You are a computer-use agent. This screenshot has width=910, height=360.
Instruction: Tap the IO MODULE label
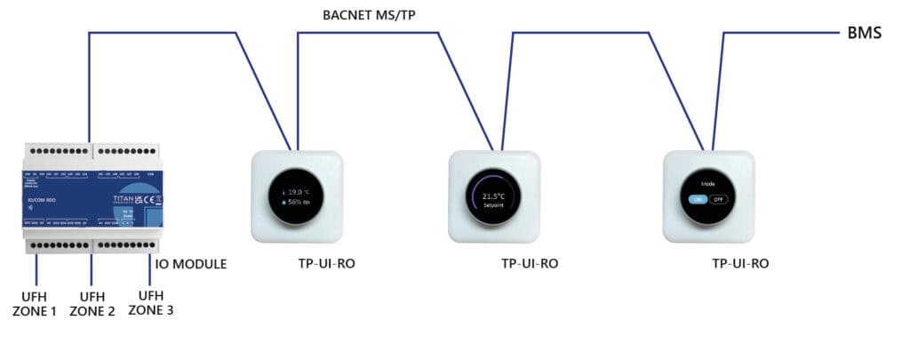pyautogui.click(x=192, y=264)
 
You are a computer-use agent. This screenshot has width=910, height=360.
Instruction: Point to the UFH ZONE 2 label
pyautogui.click(x=92, y=303)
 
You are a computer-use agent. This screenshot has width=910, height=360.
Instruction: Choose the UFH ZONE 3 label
pyautogui.click(x=151, y=303)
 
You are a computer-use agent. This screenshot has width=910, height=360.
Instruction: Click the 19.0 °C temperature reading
pyautogui.click(x=297, y=191)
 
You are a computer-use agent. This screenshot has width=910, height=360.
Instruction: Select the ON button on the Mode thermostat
pyautogui.click(x=697, y=199)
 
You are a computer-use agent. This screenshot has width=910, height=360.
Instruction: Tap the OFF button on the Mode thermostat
pyautogui.click(x=718, y=199)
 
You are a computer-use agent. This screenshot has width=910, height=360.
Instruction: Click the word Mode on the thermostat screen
pyautogui.click(x=707, y=184)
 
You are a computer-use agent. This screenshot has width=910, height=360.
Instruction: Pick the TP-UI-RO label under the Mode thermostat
pyautogui.click(x=739, y=264)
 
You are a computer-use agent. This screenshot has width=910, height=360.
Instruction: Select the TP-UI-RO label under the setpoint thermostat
pyautogui.click(x=530, y=264)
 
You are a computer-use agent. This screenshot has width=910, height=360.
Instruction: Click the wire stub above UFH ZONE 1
pyautogui.click(x=36, y=268)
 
